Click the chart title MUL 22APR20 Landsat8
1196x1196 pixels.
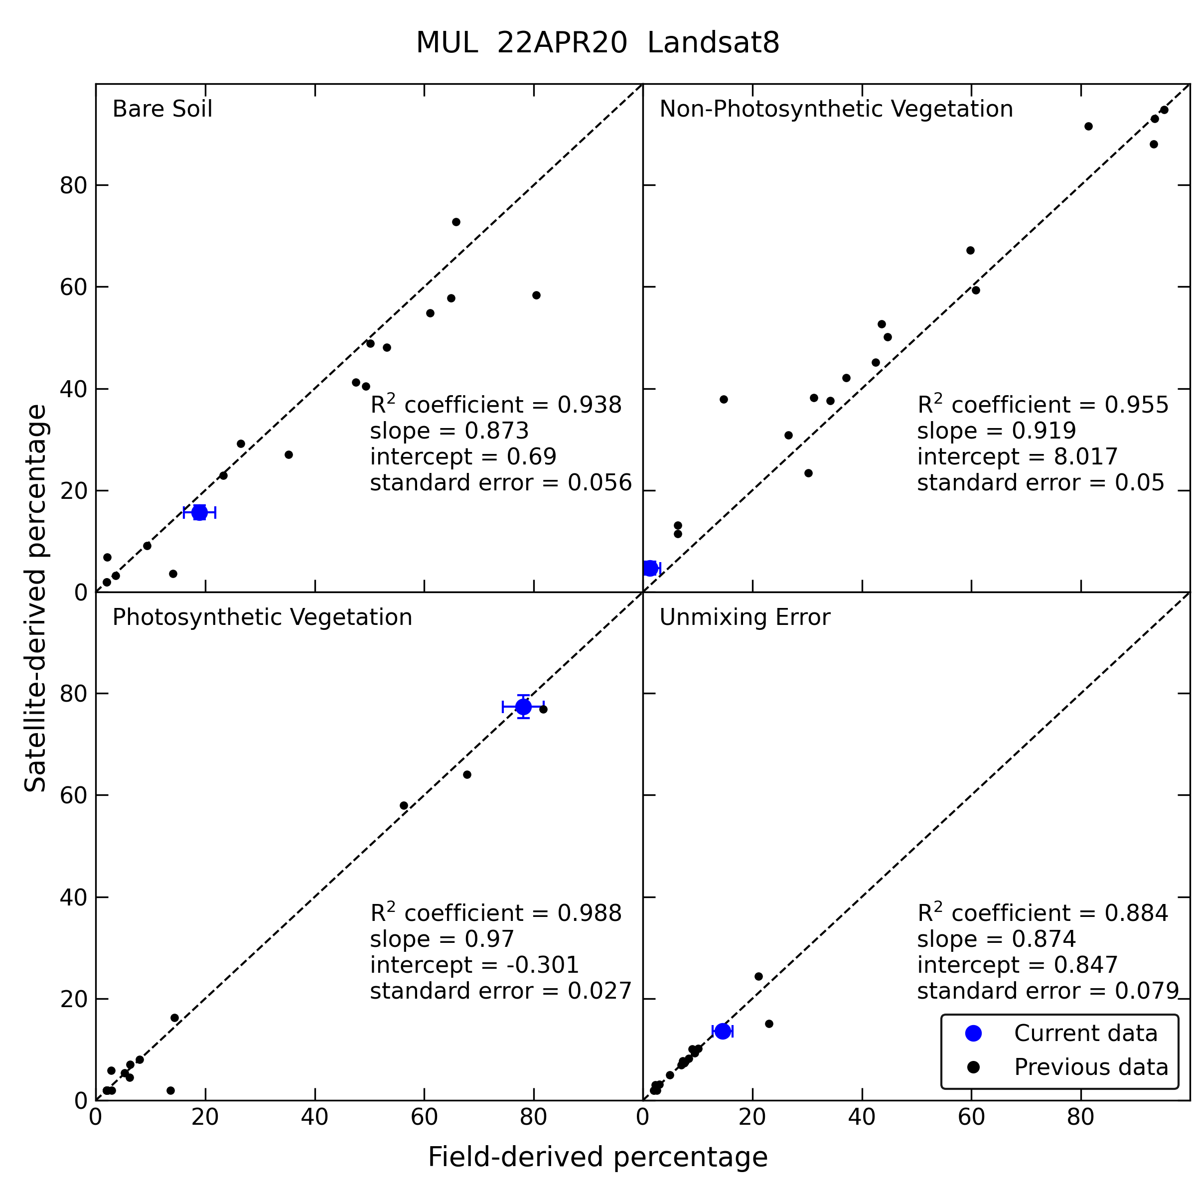click(598, 43)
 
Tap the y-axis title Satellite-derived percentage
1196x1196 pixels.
click(35, 598)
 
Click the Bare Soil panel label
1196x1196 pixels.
click(162, 109)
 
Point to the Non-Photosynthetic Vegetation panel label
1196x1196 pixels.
click(836, 109)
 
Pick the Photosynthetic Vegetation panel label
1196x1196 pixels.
click(262, 617)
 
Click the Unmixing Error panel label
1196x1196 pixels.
click(744, 617)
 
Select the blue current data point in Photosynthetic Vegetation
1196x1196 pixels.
click(523, 706)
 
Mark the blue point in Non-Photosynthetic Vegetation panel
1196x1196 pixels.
click(649, 568)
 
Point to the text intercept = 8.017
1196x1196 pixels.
click(1017, 457)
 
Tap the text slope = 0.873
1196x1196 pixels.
click(449, 431)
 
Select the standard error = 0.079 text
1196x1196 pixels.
click(1048, 991)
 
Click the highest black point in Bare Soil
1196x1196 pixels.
click(456, 222)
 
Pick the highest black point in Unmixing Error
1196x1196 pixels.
click(758, 976)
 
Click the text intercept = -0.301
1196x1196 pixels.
click(474, 964)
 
